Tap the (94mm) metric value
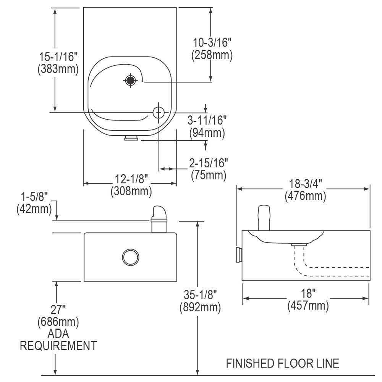207,133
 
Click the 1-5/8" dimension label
34,197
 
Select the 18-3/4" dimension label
305,184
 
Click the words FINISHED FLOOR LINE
282,363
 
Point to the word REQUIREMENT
58,346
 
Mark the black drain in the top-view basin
130,80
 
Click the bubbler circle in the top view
158,112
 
